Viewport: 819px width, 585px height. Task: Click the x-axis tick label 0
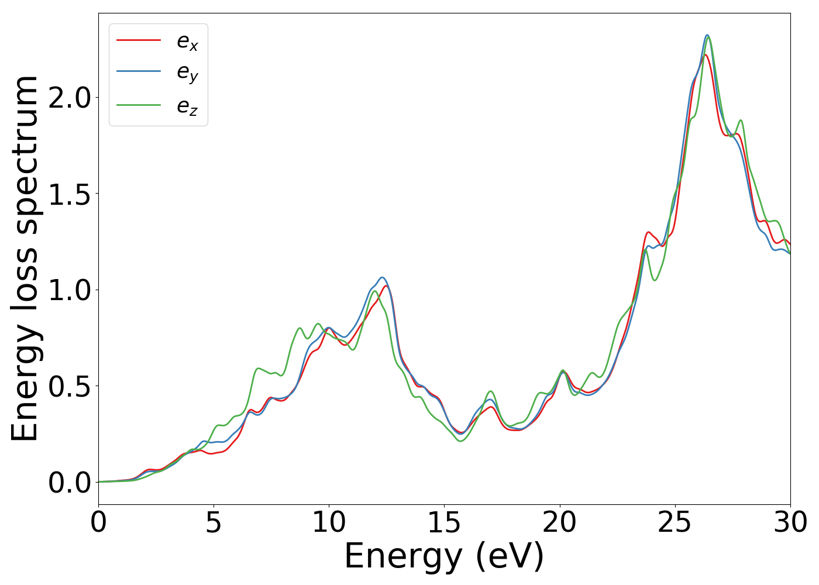click(x=98, y=522)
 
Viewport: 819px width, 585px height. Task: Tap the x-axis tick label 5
click(x=214, y=522)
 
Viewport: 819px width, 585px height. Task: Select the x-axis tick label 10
click(x=329, y=522)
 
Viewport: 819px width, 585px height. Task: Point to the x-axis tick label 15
click(x=444, y=522)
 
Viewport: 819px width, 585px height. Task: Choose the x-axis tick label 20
click(x=560, y=522)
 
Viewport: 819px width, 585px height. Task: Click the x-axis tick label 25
click(x=675, y=522)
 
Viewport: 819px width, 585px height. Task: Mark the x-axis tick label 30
click(x=790, y=522)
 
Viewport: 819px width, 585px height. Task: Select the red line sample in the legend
click(x=139, y=40)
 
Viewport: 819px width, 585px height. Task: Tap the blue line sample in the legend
click(x=139, y=72)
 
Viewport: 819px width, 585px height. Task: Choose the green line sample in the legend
click(x=139, y=105)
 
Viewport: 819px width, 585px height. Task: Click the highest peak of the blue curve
click(x=707, y=35)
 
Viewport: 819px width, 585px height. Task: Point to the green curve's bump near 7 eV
click(x=259, y=368)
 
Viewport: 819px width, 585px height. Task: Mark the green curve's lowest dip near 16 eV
click(x=460, y=441)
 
